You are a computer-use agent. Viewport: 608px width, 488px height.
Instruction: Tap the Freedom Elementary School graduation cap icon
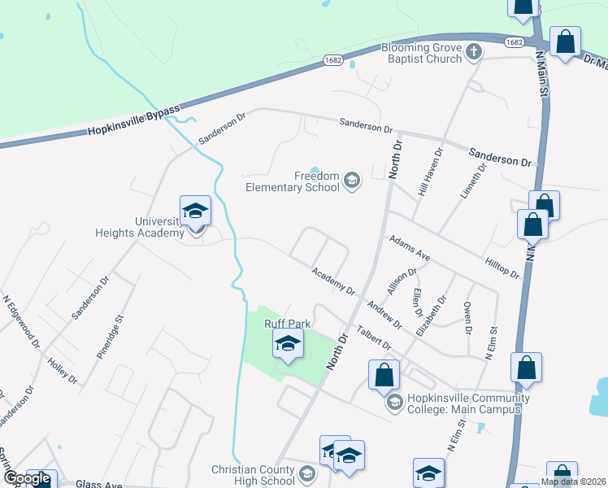352,180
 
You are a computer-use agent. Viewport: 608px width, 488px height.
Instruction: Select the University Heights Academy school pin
195,212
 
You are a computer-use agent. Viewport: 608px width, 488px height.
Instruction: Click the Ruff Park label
288,324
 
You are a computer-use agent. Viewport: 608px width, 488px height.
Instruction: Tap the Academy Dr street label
334,281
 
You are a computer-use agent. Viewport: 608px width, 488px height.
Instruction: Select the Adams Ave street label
410,248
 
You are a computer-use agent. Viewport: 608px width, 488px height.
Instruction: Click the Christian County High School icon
306,473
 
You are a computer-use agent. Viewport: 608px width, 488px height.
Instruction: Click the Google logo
27,479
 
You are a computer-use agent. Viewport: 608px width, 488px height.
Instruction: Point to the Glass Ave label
98,484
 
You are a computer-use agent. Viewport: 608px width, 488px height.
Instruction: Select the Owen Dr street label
467,318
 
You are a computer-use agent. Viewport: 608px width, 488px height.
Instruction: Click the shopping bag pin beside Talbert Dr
384,376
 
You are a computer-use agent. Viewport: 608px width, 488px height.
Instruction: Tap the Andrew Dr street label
384,314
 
